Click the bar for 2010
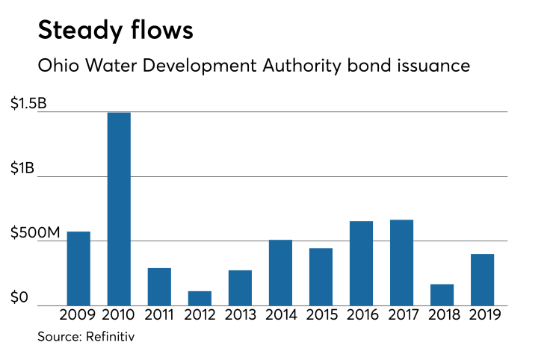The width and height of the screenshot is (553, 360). tap(119, 209)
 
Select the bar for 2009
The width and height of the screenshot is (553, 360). tap(78, 268)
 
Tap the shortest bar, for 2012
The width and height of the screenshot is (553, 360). tap(200, 298)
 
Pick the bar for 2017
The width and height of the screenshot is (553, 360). tap(401, 262)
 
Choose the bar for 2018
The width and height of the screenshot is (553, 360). tap(442, 294)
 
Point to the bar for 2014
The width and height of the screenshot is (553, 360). tap(280, 272)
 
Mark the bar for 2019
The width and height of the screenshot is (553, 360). tap(482, 279)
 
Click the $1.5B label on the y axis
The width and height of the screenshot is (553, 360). tap(28, 105)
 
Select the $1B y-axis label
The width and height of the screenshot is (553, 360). tap(23, 169)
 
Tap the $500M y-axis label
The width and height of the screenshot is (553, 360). tap(34, 234)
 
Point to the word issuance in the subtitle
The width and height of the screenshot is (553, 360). tap(433, 66)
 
